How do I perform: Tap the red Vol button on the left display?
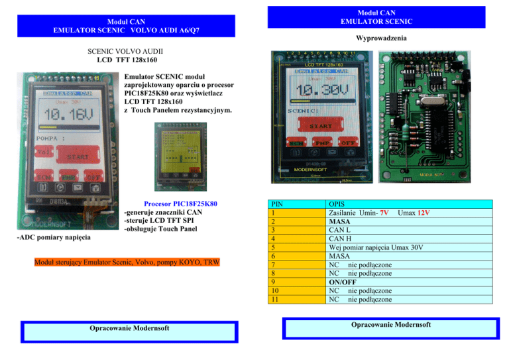coord(45,152)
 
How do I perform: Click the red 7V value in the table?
coord(384,212)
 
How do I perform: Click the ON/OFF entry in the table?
coord(344,281)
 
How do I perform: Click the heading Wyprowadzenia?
coord(381,38)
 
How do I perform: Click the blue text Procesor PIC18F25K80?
coord(181,204)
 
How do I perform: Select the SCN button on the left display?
coord(44,178)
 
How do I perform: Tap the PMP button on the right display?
coord(321,142)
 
